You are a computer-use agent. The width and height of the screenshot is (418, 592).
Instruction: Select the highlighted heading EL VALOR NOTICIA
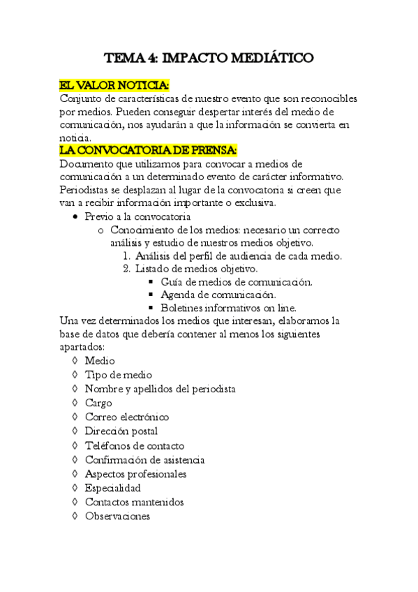pyautogui.click(x=114, y=85)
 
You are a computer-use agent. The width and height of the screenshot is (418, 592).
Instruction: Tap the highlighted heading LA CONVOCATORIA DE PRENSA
pyautogui.click(x=149, y=151)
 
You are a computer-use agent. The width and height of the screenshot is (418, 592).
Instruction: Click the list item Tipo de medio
pyautogui.click(x=118, y=375)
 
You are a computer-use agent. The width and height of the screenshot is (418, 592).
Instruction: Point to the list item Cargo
pyautogui.click(x=98, y=403)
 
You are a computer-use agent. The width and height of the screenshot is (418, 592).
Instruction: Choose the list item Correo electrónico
pyautogui.click(x=127, y=417)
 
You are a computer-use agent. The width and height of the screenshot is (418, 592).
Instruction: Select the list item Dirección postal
pyautogui.click(x=121, y=431)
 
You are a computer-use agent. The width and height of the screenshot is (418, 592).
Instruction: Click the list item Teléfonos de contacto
pyautogui.click(x=135, y=445)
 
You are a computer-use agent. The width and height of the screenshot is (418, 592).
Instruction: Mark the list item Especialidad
pyautogui.click(x=112, y=488)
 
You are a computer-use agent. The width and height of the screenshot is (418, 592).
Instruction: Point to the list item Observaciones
pyautogui.click(x=117, y=517)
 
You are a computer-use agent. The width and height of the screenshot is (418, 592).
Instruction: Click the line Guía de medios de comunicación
pyautogui.click(x=236, y=282)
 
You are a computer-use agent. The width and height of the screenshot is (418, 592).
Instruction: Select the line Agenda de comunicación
pyautogui.click(x=217, y=295)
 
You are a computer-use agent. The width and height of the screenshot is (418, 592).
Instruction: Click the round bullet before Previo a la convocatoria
pyautogui.click(x=77, y=217)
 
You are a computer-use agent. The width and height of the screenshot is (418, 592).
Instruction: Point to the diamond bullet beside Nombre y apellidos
pyautogui.click(x=74, y=389)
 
